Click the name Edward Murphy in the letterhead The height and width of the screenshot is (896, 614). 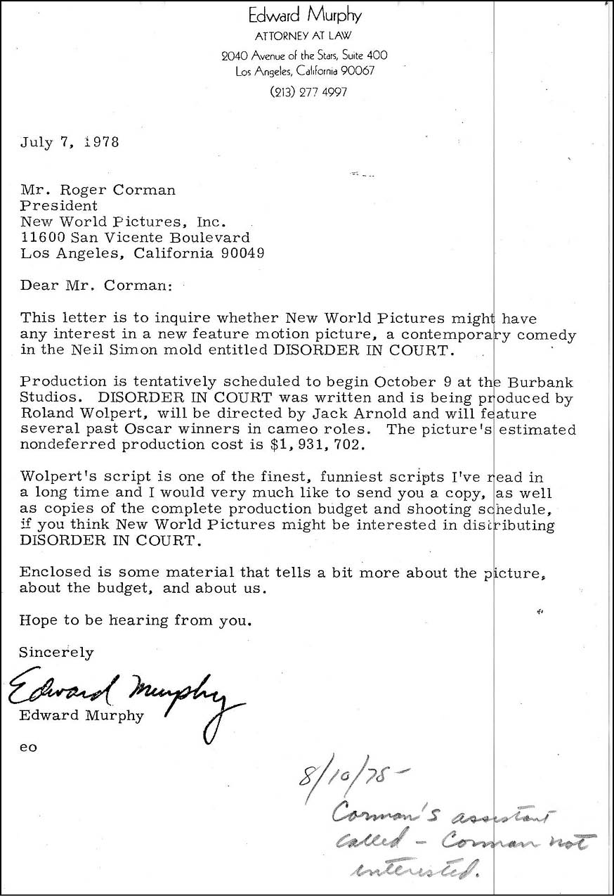point(305,15)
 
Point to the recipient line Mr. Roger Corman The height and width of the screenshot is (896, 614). point(98,190)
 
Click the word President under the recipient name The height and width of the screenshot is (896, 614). point(59,206)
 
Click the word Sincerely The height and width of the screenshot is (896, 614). point(56,652)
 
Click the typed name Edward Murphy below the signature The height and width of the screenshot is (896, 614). point(82,716)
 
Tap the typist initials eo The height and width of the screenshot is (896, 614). point(28,747)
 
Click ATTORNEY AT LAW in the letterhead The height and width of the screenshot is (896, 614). point(303,35)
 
